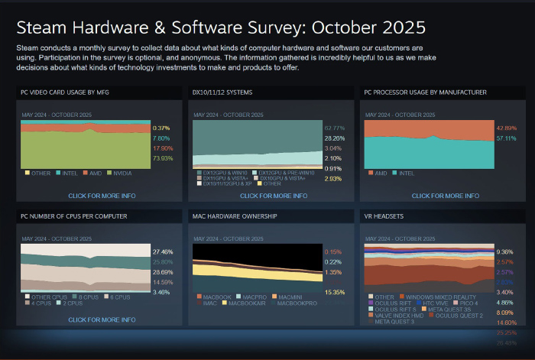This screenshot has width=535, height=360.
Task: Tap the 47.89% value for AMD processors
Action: click(x=507, y=128)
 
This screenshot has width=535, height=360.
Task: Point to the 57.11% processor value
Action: click(x=507, y=138)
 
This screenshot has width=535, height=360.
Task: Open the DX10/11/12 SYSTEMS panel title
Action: click(x=222, y=92)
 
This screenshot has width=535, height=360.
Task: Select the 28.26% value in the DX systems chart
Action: click(x=334, y=138)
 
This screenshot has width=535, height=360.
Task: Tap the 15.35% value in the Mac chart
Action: click(x=334, y=292)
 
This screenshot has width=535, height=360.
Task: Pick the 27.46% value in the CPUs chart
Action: click(x=162, y=251)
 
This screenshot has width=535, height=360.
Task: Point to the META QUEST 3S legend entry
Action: click(x=444, y=309)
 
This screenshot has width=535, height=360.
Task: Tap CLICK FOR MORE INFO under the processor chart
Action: click(x=445, y=196)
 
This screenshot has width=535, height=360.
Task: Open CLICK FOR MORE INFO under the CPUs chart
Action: click(x=102, y=319)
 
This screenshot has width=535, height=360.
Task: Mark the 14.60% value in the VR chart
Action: click(x=506, y=323)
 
